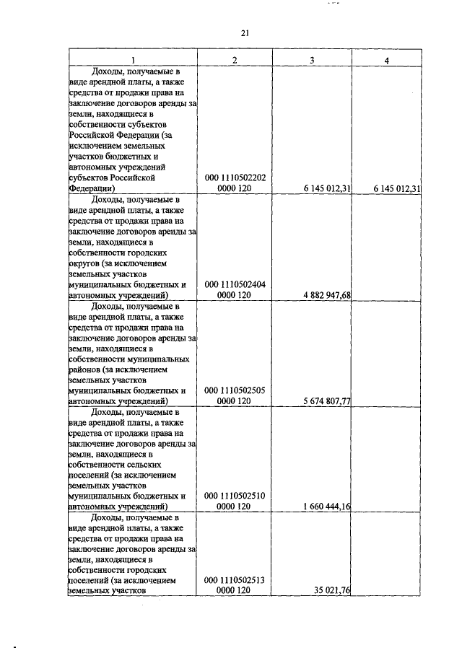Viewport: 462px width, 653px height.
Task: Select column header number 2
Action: tap(235, 60)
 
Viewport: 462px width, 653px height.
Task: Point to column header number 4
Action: tap(387, 60)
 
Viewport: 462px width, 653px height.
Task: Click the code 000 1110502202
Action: tap(235, 178)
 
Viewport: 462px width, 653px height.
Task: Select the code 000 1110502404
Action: tap(235, 284)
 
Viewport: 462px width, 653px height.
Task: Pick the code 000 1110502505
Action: tap(235, 390)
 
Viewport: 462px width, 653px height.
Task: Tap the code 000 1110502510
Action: tap(235, 496)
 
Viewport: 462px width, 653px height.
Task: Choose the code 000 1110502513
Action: tap(235, 579)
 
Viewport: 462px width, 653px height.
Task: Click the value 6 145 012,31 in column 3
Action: tap(323, 188)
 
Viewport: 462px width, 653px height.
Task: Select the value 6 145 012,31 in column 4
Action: tap(397, 188)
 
